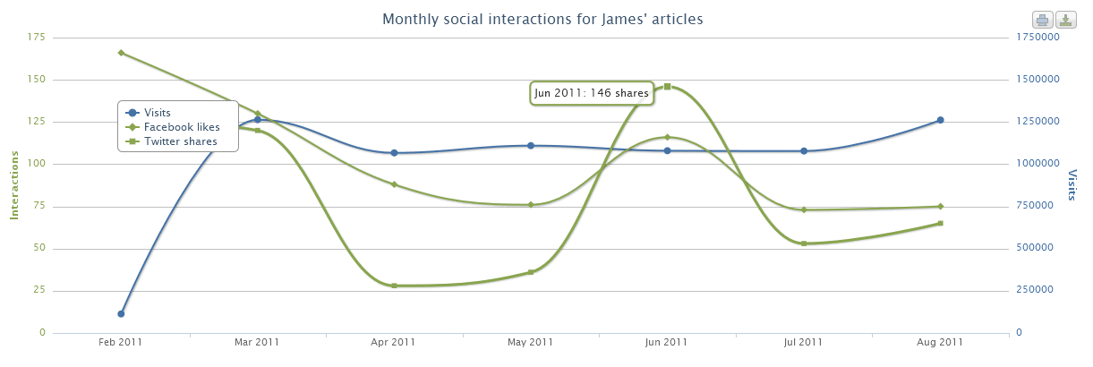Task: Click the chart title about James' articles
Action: [542, 19]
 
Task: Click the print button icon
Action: [1043, 20]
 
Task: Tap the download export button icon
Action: [1065, 20]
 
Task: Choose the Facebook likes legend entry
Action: [181, 127]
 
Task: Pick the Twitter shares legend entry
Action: [180, 141]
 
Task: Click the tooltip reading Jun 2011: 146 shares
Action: [592, 92]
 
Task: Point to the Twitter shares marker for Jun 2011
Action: [667, 86]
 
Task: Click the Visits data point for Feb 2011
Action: [121, 313]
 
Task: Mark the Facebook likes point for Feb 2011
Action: [121, 53]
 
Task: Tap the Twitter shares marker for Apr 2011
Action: [394, 286]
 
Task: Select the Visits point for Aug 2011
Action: [941, 120]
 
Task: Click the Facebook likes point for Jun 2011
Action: [667, 137]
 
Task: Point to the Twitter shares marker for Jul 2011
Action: [804, 243]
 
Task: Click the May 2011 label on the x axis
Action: [530, 342]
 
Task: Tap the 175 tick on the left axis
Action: [37, 37]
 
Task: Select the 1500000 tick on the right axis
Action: [1037, 79]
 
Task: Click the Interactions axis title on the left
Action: [14, 185]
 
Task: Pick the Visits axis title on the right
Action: [1073, 183]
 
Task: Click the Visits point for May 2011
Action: [531, 145]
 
